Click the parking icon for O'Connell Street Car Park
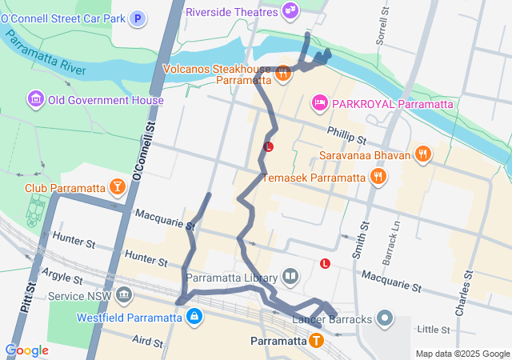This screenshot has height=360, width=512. [x=138, y=18]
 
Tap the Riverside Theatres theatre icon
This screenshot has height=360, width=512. [x=290, y=11]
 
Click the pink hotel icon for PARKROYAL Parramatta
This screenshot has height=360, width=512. [x=319, y=103]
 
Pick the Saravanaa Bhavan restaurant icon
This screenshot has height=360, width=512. [x=424, y=154]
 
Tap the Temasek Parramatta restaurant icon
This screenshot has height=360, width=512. [x=379, y=177]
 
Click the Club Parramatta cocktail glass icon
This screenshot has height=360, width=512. [x=118, y=188]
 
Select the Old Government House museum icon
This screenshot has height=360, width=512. [x=35, y=100]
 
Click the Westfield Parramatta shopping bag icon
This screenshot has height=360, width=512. [x=194, y=317]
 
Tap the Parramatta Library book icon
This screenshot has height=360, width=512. [x=290, y=278]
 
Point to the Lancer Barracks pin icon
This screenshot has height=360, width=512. [x=385, y=319]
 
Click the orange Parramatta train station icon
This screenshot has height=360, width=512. [x=317, y=341]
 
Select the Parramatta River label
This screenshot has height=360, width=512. [x=44, y=52]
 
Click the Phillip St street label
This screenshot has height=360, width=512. [x=346, y=134]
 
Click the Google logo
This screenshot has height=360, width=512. [x=27, y=350]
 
